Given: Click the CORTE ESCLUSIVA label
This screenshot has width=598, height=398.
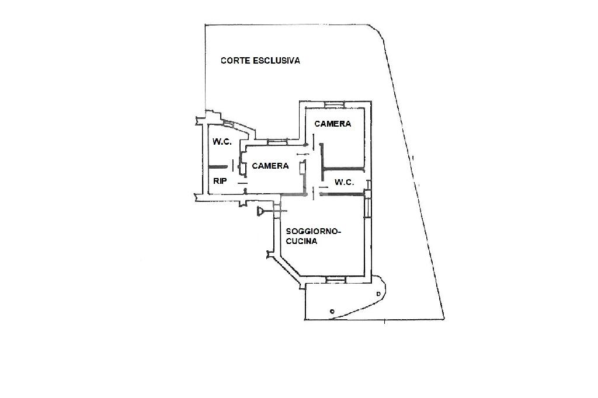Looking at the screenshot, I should click(260, 60).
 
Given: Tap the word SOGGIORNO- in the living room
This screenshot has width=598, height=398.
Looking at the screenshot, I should click(313, 231).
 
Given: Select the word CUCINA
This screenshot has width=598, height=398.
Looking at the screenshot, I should click(302, 241).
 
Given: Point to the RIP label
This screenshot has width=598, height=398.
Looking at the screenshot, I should click(220, 181).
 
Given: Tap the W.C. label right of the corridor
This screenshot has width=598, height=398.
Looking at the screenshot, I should click(345, 182).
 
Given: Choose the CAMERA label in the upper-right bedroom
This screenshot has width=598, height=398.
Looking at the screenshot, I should click(332, 124).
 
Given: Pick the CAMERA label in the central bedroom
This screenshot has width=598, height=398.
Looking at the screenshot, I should click(270, 166).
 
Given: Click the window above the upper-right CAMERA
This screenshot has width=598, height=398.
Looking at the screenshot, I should click(335, 104).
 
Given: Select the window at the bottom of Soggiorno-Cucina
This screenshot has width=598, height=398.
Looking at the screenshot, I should click(335, 280).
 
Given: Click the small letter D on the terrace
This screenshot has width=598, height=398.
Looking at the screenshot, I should click(378, 292).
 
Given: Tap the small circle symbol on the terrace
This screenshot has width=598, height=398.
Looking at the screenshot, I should click(332, 311).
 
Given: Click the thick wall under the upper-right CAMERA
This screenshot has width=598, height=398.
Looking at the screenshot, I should click(343, 169).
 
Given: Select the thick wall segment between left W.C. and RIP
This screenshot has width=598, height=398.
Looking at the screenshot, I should click(218, 167).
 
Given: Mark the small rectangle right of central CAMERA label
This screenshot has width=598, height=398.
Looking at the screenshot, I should click(301, 168).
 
